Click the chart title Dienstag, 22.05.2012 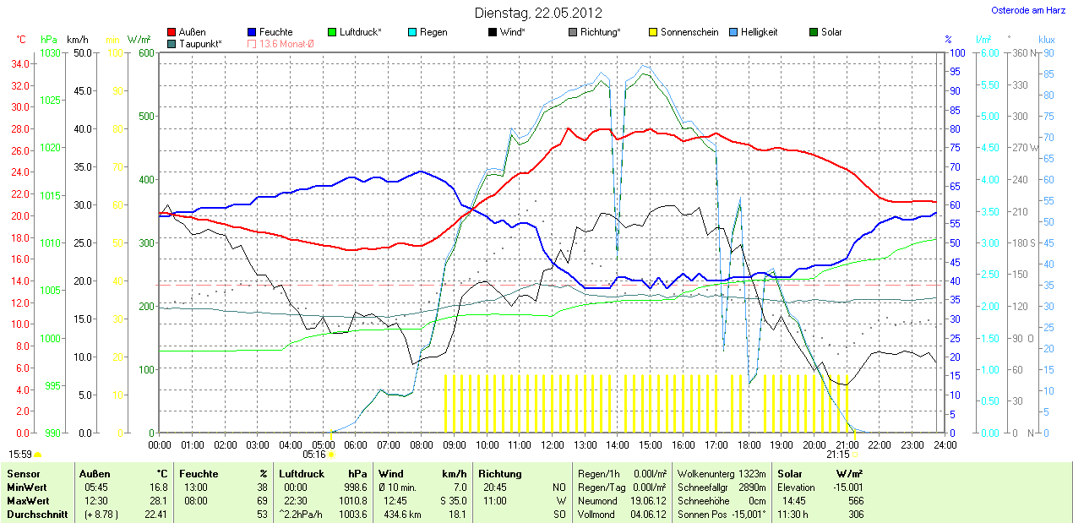(x=536, y=13)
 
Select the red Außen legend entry (x=192, y=32)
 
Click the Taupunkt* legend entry (x=200, y=43)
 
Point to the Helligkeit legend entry (x=759, y=32)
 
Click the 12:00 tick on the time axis (x=552, y=444)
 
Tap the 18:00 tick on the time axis (x=749, y=444)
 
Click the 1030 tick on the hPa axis (x=51, y=52)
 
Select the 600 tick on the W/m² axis (x=145, y=52)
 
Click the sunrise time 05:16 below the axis (x=325, y=454)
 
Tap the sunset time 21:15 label (x=837, y=454)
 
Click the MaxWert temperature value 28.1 (x=158, y=500)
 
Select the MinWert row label (x=26, y=488)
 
